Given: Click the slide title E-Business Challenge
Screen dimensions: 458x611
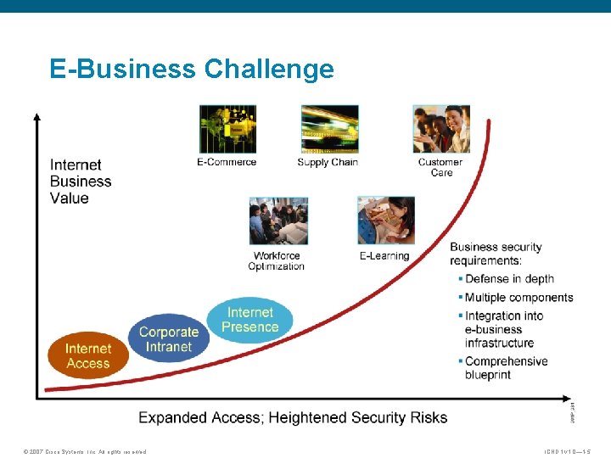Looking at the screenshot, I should pyautogui.click(x=192, y=69).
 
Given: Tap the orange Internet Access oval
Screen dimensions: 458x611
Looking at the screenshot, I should pyautogui.click(x=87, y=355).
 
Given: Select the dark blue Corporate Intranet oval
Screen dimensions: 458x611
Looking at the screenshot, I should pyautogui.click(x=168, y=338).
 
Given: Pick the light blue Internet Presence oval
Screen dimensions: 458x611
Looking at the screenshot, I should pyautogui.click(x=250, y=319).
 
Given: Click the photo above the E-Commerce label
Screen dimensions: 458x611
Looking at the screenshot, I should pyautogui.click(x=227, y=129).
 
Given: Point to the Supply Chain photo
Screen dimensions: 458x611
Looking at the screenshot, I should pyautogui.click(x=329, y=129).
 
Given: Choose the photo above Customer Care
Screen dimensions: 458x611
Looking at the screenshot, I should pyautogui.click(x=440, y=129).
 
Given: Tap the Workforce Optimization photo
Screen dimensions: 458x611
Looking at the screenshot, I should pyautogui.click(x=278, y=221).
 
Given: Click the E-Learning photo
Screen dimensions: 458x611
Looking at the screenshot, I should pyautogui.click(x=386, y=221).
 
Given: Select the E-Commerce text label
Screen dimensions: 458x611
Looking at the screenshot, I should pyautogui.click(x=227, y=162).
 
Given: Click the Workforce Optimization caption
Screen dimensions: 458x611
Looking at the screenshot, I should pyautogui.click(x=276, y=261).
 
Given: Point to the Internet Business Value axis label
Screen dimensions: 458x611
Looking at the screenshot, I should pyautogui.click(x=81, y=182).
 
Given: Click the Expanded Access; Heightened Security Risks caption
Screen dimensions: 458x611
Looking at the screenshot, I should pyautogui.click(x=293, y=417).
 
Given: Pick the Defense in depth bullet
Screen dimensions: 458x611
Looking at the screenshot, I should pyautogui.click(x=509, y=279).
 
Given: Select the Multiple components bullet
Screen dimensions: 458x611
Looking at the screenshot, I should pyautogui.click(x=519, y=298).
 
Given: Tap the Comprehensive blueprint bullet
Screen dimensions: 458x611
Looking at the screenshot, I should pyautogui.click(x=506, y=368).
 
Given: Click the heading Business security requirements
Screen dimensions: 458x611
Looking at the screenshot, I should pyautogui.click(x=496, y=254).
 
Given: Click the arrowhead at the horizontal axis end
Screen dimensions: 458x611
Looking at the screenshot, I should pyautogui.click(x=568, y=396).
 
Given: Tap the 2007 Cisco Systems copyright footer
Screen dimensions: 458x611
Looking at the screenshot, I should pyautogui.click(x=85, y=451).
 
